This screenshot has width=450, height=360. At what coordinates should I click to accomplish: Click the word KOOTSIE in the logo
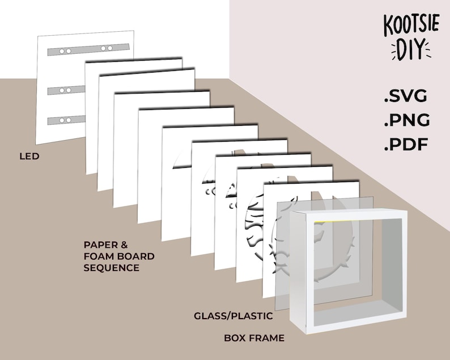click(411, 24)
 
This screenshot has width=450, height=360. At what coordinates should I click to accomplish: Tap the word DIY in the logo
click(411, 50)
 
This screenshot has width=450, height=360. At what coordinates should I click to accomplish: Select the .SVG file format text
click(406, 96)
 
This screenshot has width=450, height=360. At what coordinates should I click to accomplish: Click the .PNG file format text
click(407, 120)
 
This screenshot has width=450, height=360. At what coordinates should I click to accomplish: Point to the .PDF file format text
click(406, 144)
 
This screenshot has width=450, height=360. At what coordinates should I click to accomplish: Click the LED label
click(29, 156)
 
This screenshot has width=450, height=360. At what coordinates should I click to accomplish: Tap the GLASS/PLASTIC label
click(234, 316)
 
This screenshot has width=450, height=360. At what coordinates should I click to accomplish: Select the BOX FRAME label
click(254, 338)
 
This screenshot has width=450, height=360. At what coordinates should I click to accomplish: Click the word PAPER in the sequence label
click(100, 245)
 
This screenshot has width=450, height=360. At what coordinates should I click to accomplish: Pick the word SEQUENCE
click(111, 268)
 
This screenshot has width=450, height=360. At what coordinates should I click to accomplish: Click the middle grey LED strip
click(66, 90)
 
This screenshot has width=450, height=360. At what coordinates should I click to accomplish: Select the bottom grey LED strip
click(66, 120)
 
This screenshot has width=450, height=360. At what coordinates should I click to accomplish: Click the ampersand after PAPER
click(124, 245)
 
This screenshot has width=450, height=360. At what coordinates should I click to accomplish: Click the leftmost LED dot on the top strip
click(62, 52)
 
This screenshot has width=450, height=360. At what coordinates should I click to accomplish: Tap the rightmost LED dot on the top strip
click(110, 48)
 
